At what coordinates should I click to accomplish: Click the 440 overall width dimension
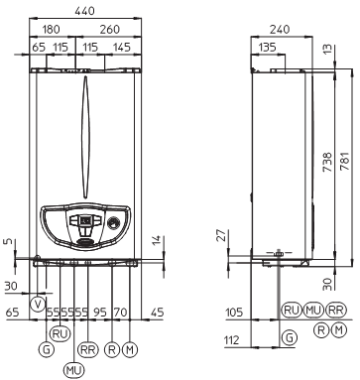[84, 11]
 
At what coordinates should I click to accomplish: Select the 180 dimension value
[52, 30]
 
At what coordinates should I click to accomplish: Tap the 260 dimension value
[109, 30]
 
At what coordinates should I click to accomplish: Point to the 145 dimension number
[122, 47]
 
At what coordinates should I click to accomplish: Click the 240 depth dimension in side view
[280, 29]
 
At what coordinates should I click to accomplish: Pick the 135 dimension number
[267, 47]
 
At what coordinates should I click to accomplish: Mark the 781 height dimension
[344, 161]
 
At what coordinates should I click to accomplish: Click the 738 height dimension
[326, 162]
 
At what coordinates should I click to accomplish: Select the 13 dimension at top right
[326, 50]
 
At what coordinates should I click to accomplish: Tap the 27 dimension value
[222, 235]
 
